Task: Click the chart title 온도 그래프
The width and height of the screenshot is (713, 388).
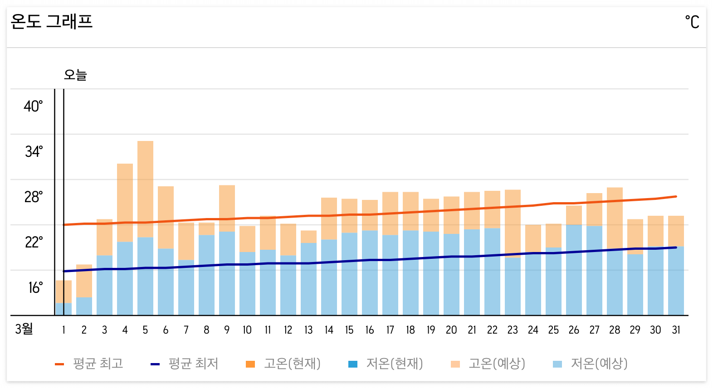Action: coord(51,21)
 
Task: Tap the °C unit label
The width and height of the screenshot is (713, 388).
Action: coord(692,22)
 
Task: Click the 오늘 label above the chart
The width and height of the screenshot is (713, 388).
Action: coord(75,75)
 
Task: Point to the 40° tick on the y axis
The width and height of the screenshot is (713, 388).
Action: coord(33,107)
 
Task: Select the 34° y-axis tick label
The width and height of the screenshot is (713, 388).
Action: coord(34,151)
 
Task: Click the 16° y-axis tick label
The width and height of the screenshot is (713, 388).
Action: coord(35,287)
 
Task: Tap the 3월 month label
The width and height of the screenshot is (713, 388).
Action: coord(24,329)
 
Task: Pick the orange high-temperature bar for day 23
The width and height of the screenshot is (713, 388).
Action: coord(513,222)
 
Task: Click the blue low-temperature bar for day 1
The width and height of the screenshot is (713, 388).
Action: coord(63,309)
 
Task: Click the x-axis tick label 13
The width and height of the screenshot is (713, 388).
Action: coord(308,330)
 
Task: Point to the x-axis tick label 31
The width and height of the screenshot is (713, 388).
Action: coord(676,330)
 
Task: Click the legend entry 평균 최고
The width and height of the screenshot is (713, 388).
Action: coord(89,364)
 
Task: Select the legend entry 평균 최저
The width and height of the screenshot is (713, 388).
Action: coord(185,364)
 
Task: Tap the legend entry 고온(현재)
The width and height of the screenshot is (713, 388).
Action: coord(283,364)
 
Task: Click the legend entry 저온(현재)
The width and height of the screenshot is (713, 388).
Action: coord(386,364)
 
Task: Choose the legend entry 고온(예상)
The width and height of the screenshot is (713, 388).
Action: coord(488,364)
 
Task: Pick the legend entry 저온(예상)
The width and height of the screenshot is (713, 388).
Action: coord(591,364)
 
